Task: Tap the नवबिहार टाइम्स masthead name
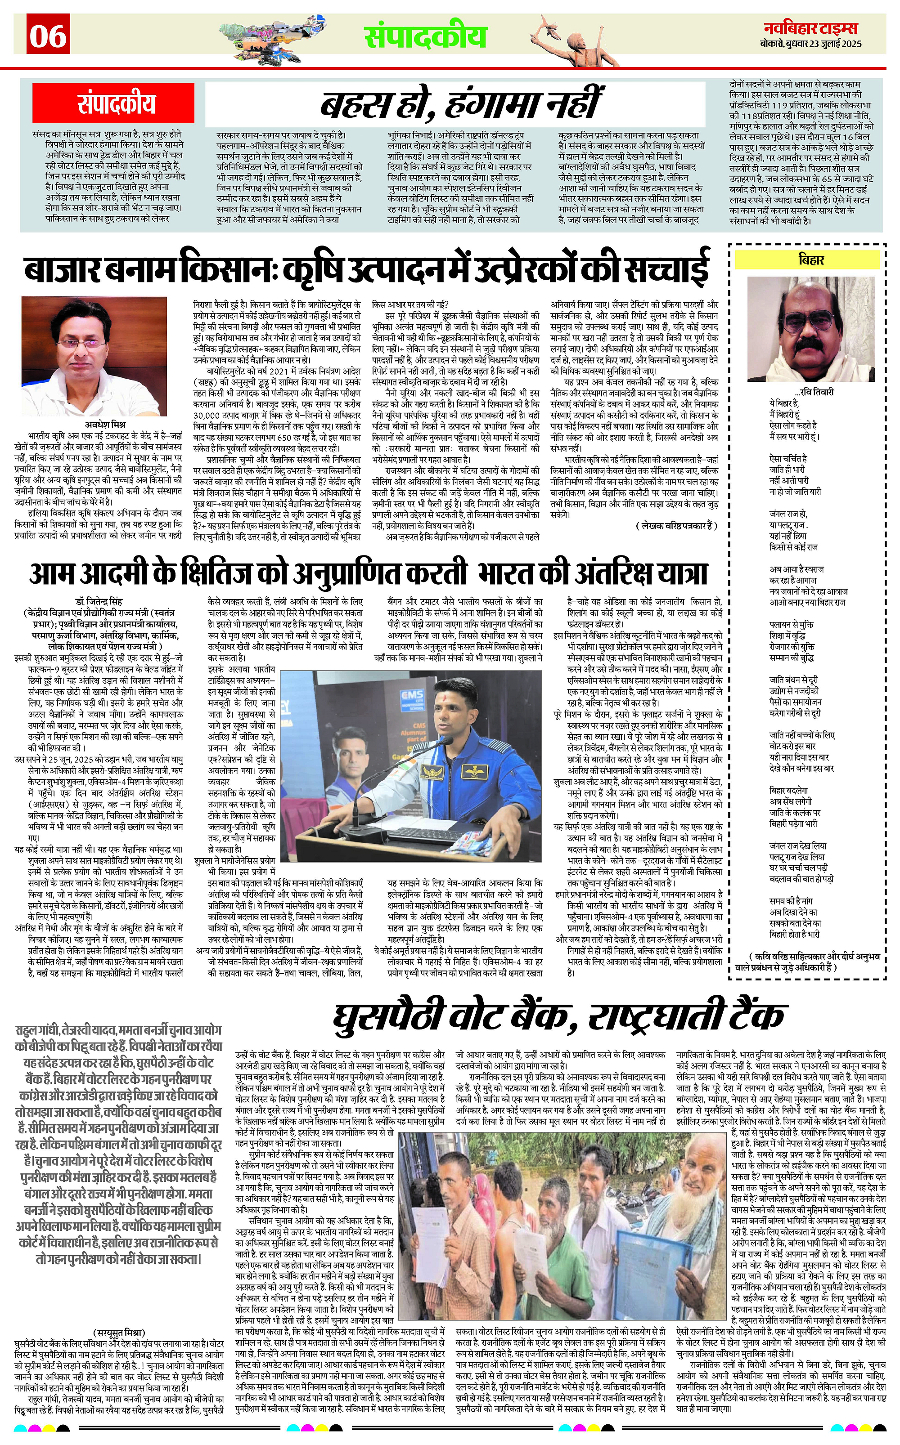pyautogui.click(x=813, y=28)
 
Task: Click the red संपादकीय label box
pyautogui.click(x=116, y=104)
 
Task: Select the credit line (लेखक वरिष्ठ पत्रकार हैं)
pyautogui.click(x=677, y=525)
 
